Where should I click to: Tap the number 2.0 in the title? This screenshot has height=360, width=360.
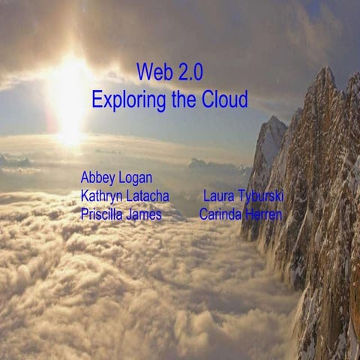[187, 73]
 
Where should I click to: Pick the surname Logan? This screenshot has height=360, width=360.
[135, 179]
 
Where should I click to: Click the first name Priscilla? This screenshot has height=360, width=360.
[103, 214]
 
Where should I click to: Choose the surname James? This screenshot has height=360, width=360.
[144, 214]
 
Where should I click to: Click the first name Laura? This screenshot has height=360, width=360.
[219, 196]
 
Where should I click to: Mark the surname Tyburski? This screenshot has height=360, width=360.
[261, 197]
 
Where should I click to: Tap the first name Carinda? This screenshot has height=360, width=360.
[221, 214]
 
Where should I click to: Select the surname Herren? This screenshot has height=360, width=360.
[264, 214]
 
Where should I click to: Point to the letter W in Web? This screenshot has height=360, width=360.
[143, 73]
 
